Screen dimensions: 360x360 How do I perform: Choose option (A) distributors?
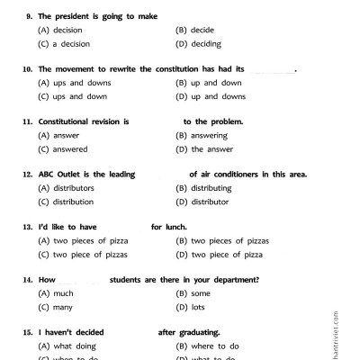(x=65, y=188)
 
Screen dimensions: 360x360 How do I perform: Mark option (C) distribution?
(x=65, y=202)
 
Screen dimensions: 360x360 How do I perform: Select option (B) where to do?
(x=205, y=346)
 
